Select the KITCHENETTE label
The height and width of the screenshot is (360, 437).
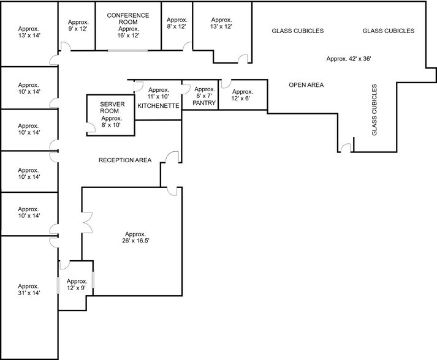(x=158, y=106)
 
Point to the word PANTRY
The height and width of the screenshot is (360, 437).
(x=204, y=103)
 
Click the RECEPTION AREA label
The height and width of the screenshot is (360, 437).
(x=125, y=160)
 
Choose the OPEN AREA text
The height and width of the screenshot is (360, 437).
(x=306, y=85)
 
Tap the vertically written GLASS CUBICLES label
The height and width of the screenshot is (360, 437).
(x=374, y=110)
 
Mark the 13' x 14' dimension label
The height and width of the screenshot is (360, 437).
(x=29, y=36)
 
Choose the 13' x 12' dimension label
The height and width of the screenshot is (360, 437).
(x=221, y=27)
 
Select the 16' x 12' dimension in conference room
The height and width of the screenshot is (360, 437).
(x=129, y=36)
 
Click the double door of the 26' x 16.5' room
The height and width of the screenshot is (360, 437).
(x=86, y=222)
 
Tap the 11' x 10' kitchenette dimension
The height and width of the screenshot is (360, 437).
(x=158, y=97)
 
